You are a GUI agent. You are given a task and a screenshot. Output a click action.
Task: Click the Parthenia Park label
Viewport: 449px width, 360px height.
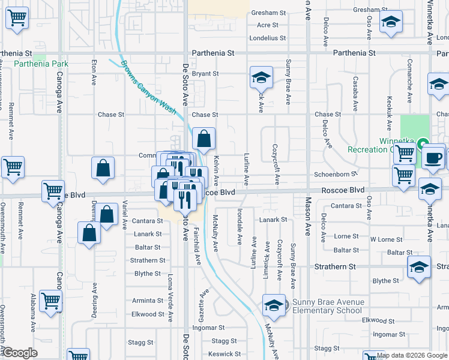click(34, 64)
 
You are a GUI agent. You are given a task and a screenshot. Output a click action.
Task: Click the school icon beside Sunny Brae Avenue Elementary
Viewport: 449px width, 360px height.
click(274, 306)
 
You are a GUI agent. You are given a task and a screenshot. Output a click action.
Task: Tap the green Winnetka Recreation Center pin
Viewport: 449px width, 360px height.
click(423, 143)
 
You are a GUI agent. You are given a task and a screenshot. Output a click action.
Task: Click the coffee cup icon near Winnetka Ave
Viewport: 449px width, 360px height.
click(432, 158)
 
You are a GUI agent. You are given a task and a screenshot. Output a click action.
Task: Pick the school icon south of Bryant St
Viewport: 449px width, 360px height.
click(262, 77)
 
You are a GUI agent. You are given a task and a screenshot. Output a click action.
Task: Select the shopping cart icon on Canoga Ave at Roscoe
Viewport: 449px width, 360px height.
click(53, 191)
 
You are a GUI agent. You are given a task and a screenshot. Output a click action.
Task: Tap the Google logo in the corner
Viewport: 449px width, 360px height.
click(20, 353)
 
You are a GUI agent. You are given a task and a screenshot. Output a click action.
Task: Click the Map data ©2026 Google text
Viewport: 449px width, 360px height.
click(412, 355)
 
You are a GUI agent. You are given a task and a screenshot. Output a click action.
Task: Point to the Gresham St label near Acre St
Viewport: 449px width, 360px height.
click(268, 13)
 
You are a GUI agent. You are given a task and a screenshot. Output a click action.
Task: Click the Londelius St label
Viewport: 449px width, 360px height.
click(268, 38)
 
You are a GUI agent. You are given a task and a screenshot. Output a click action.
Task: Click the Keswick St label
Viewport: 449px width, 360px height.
click(225, 354)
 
